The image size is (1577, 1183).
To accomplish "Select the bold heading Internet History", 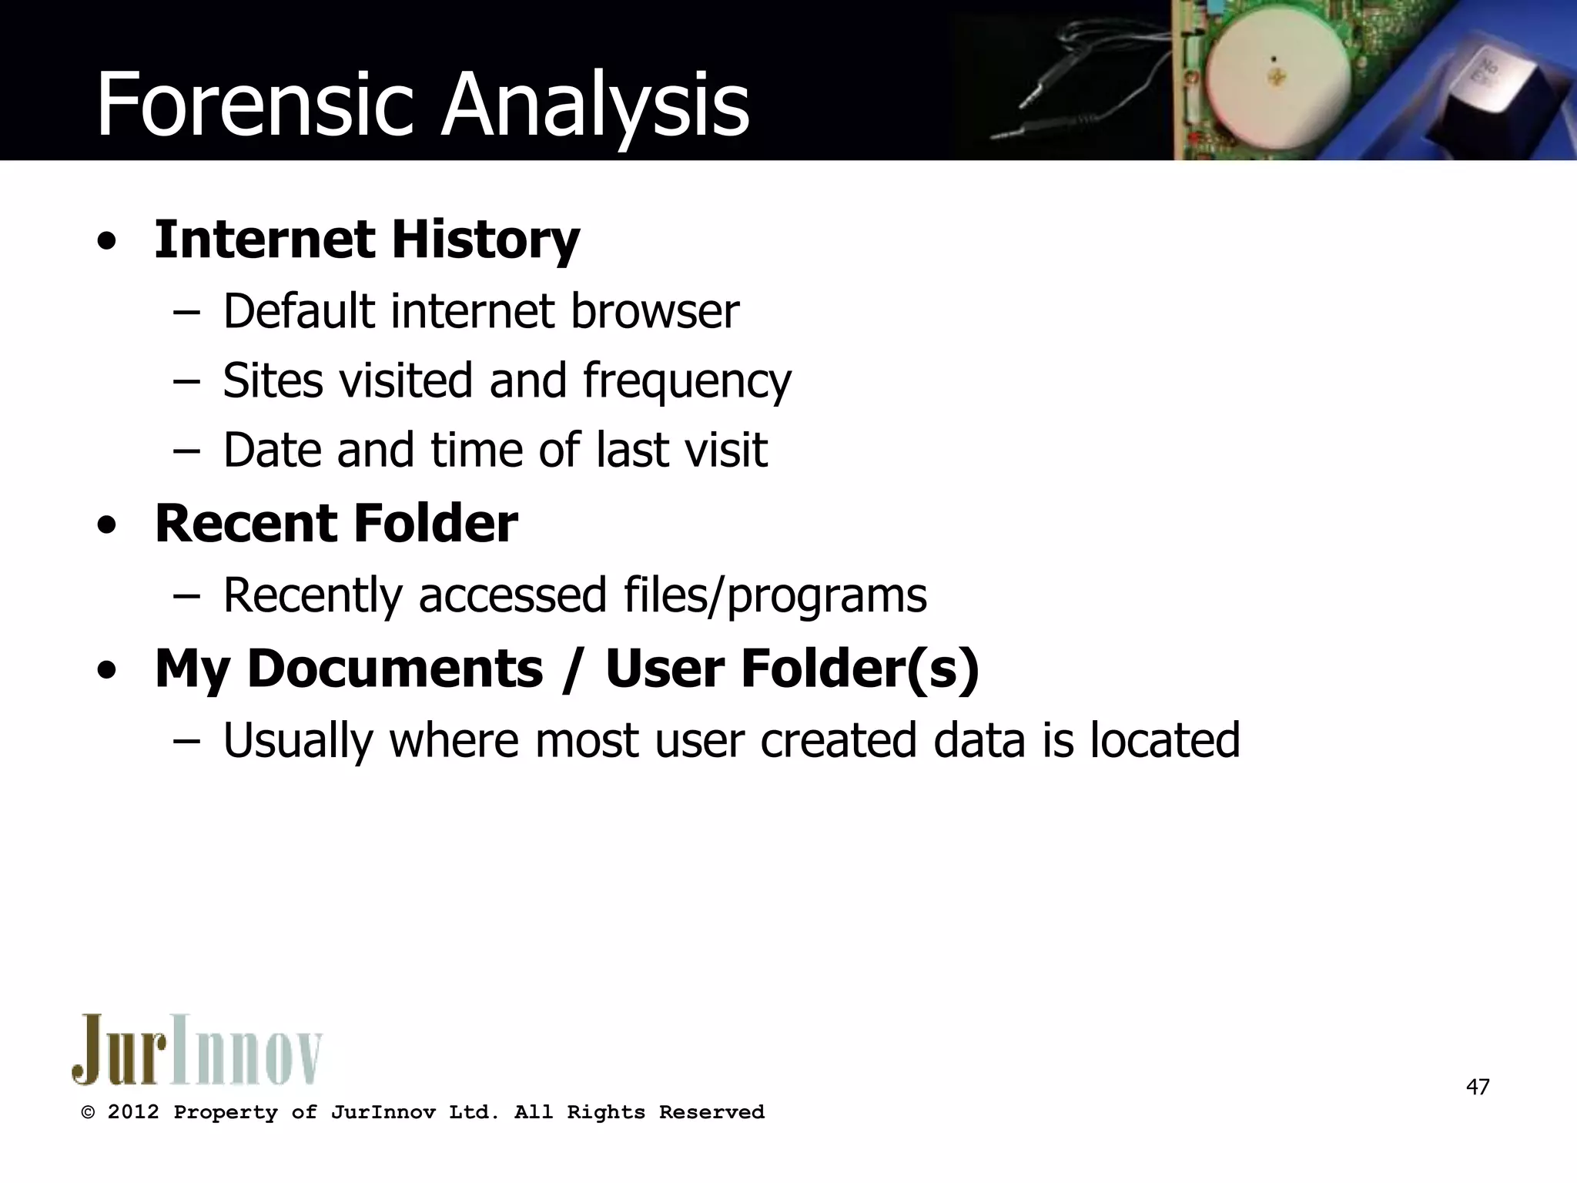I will click(367, 240).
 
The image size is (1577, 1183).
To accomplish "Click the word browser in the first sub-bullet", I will click(655, 311).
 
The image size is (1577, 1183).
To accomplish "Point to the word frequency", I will click(687, 381).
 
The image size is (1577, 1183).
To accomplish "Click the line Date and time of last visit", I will click(495, 450).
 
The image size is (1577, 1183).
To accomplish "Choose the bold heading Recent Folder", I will click(336, 524).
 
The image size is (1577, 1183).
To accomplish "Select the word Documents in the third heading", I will click(394, 668).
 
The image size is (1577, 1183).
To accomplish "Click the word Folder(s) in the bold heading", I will click(860, 668).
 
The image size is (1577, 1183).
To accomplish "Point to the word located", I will click(1164, 740).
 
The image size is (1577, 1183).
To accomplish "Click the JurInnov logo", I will click(197, 1050).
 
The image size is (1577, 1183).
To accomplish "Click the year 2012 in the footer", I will click(133, 1112).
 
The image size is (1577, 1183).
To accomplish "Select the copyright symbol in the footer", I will click(89, 1113).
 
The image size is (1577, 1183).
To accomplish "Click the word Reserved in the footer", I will click(711, 1112).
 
